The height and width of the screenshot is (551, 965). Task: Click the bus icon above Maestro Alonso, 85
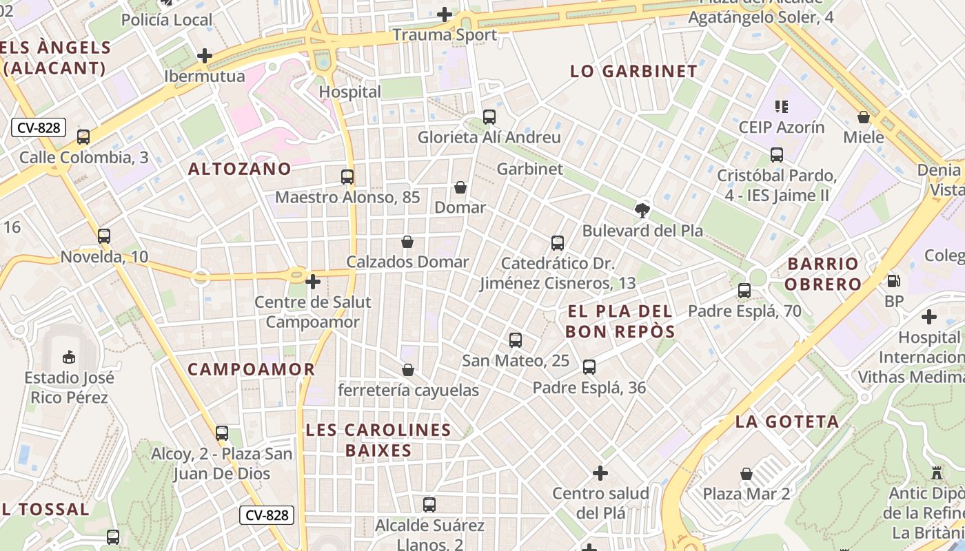[x=347, y=177]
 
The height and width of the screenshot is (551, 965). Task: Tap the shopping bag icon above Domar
[x=460, y=187]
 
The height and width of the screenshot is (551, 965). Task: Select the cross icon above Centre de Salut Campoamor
[x=313, y=282]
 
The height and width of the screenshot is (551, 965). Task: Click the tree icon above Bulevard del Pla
[x=642, y=210]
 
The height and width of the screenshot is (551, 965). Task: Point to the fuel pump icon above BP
[x=894, y=281]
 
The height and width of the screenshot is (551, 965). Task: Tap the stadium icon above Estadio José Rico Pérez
[x=69, y=357]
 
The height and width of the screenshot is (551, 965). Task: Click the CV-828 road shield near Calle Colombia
[x=39, y=127]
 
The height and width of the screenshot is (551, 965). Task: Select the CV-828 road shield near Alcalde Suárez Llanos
[x=268, y=515]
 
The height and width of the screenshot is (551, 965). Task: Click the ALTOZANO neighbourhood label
[x=240, y=169]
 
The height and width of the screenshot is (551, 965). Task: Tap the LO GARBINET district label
[x=634, y=71]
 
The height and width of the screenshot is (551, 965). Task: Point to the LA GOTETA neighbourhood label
[x=787, y=422]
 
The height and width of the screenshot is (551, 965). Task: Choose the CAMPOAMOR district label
[x=251, y=369]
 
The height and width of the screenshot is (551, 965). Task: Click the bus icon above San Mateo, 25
[x=516, y=340]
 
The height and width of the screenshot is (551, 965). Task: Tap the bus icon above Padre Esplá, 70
[x=744, y=291]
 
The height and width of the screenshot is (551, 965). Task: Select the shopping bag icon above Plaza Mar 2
[x=746, y=474]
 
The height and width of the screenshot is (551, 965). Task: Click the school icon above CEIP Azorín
[x=781, y=107]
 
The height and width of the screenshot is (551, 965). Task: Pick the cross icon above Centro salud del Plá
[x=600, y=473]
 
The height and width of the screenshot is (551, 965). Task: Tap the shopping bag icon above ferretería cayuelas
[x=408, y=370]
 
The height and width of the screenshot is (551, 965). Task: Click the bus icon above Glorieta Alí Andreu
[x=489, y=117]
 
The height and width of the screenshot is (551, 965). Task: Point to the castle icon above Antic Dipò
[x=936, y=473]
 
